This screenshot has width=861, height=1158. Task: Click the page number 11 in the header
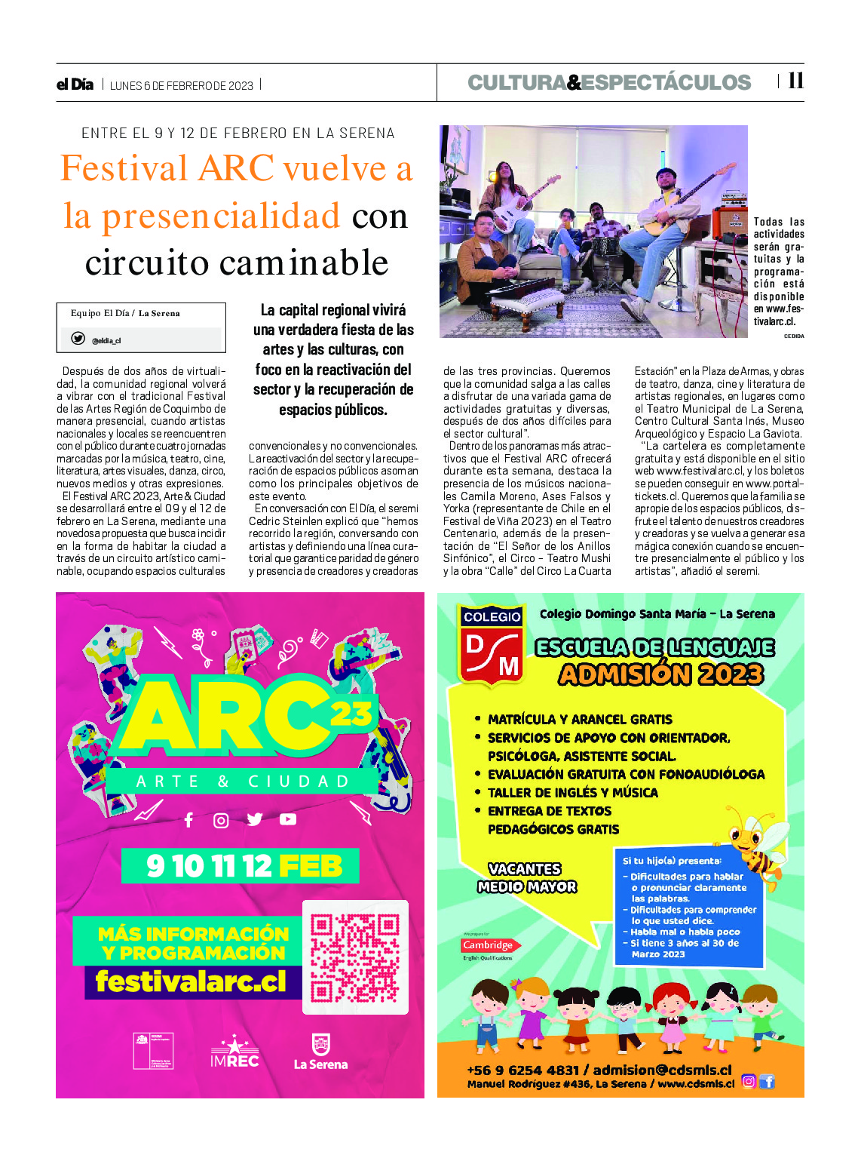click(x=795, y=81)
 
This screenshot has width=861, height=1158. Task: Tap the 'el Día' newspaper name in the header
click(x=75, y=84)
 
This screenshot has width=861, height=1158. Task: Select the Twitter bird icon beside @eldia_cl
click(x=78, y=339)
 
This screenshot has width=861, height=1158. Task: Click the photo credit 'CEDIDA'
click(x=793, y=336)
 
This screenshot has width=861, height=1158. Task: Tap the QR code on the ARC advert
click(x=355, y=957)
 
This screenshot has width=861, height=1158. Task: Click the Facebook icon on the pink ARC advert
click(x=188, y=820)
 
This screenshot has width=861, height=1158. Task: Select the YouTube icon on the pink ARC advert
click(x=288, y=819)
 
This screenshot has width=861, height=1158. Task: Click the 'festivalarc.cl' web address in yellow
click(x=191, y=981)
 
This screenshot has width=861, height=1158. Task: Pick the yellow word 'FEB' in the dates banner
click(x=310, y=866)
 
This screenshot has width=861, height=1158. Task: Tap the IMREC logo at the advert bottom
click(x=234, y=1052)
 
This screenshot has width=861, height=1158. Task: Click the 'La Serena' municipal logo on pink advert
click(x=320, y=1052)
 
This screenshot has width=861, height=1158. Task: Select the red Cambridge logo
click(x=487, y=945)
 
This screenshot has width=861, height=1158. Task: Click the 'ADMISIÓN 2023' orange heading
click(x=660, y=674)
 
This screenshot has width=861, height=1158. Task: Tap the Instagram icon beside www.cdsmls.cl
click(x=748, y=1081)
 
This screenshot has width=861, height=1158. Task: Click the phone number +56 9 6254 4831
click(x=522, y=1070)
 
